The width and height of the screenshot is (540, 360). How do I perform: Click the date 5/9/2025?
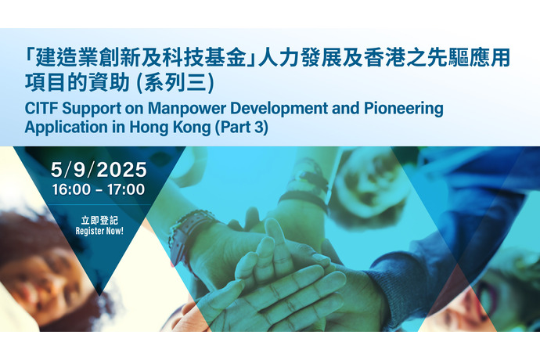99,170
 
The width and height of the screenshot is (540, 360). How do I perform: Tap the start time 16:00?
71,190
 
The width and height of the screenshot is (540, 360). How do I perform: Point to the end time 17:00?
126,190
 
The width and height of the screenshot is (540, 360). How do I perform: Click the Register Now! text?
99,231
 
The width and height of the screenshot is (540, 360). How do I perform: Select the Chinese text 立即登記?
99,220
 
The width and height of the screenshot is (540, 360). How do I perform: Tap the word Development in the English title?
279,108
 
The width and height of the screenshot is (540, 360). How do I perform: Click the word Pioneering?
404,108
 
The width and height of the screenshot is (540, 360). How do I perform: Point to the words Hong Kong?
170,127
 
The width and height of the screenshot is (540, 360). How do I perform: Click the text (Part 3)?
241,127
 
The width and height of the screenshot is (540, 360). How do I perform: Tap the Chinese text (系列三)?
175,83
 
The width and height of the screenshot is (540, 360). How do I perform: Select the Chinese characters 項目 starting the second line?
45,83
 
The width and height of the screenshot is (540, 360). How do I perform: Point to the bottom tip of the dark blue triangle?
99,295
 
